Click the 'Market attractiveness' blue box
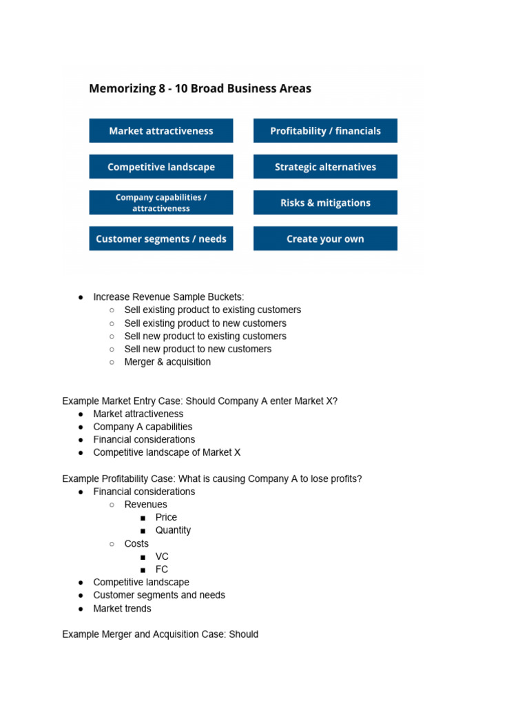click(x=161, y=131)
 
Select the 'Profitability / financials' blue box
click(x=325, y=131)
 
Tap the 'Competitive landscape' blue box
click(x=161, y=167)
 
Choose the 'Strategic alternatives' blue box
click(x=325, y=167)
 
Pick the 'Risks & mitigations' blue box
click(x=325, y=203)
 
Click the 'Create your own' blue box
click(x=325, y=239)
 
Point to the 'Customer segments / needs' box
click(x=161, y=239)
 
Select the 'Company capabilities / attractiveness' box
click(x=161, y=203)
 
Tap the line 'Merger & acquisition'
click(x=167, y=362)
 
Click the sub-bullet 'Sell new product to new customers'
click(x=198, y=349)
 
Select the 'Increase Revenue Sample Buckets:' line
click(x=168, y=297)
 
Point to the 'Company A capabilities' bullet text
click(x=143, y=427)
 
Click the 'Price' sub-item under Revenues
click(x=166, y=517)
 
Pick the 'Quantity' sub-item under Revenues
click(x=173, y=530)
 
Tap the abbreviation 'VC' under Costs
click(x=162, y=556)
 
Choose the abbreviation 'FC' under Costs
click(x=162, y=569)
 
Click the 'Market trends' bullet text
click(x=122, y=608)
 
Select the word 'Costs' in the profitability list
click(x=136, y=543)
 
